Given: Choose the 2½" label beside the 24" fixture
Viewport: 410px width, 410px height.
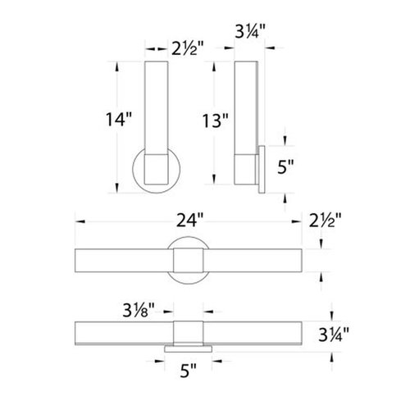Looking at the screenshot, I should coord(326,221).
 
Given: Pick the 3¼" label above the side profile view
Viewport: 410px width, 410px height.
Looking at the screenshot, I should coord(248,34).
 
